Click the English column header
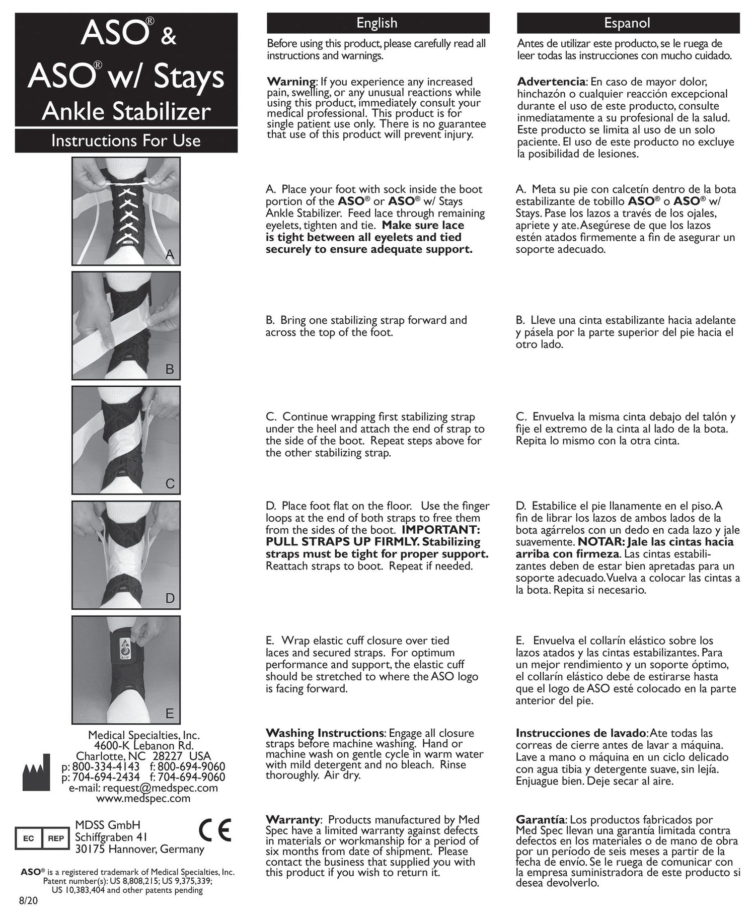pyautogui.click(x=377, y=23)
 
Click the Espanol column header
pyautogui.click(x=627, y=23)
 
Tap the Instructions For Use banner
pyautogui.click(x=126, y=140)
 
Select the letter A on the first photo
pyautogui.click(x=170, y=255)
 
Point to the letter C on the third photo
pyautogui.click(x=170, y=484)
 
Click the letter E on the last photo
pyautogui.click(x=170, y=713)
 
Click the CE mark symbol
pyautogui.click(x=215, y=830)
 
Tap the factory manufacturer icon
pyautogui.click(x=36, y=772)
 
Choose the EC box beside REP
pyautogui.click(x=29, y=838)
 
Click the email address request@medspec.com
pyautogui.click(x=160, y=788)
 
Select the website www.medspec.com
pyautogui.click(x=143, y=798)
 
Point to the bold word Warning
pyautogui.click(x=291, y=82)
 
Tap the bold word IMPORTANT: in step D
pyautogui.click(x=441, y=530)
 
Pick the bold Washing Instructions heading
pyautogui.click(x=325, y=733)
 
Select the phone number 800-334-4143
pyautogui.click(x=106, y=767)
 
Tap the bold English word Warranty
pyautogui.click(x=293, y=820)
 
